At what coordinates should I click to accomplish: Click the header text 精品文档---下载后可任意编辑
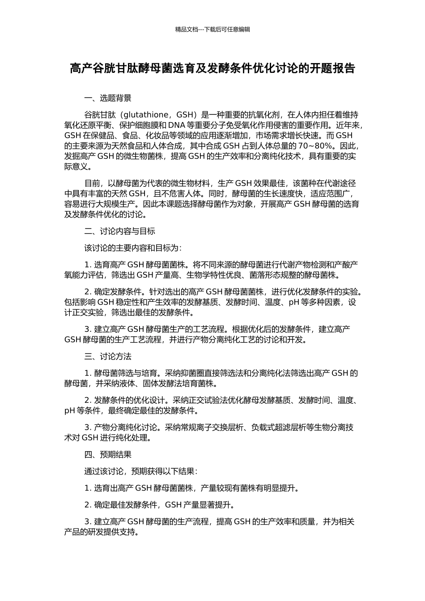pos(212,30)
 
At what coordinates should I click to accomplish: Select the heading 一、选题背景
pos(108,98)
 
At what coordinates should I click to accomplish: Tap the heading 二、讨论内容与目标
pos(120,231)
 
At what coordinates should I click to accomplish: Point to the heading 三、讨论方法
pos(108,356)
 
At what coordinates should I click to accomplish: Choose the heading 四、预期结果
pos(108,455)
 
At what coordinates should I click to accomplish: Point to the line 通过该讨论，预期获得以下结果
pos(139,471)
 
